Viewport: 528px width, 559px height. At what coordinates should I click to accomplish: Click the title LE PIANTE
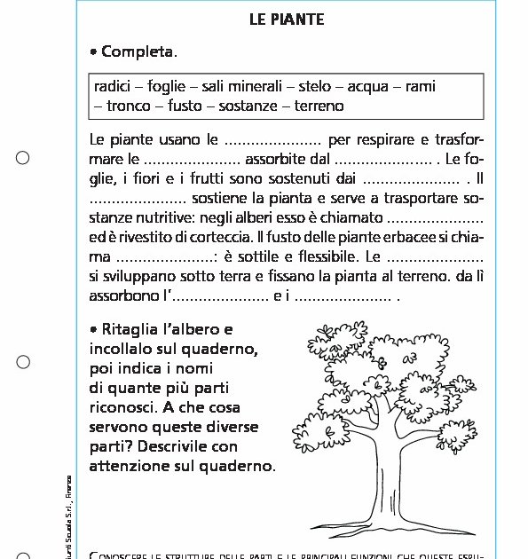(287, 19)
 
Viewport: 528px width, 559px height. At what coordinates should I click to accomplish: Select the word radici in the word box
(113, 87)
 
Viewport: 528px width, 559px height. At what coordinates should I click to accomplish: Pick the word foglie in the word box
(167, 87)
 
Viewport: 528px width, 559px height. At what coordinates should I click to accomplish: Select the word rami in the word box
(420, 87)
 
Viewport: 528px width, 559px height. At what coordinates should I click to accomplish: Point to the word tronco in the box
(129, 106)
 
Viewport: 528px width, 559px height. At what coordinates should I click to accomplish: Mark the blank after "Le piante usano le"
(272, 140)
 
